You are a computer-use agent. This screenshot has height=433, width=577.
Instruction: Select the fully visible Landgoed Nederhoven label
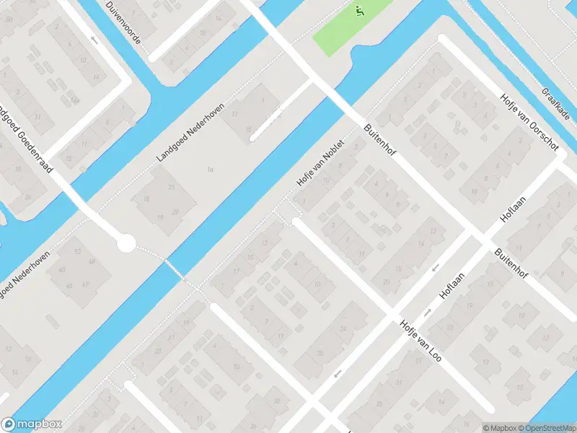click(191, 132)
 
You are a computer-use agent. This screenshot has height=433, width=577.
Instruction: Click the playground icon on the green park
click(358, 10)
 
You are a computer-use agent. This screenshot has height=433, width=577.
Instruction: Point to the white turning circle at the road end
click(126, 243)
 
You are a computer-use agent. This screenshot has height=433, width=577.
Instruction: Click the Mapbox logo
click(32, 424)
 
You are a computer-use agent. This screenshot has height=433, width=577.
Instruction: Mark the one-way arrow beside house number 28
click(337, 373)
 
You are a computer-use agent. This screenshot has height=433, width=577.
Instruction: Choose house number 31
click(397, 382)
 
